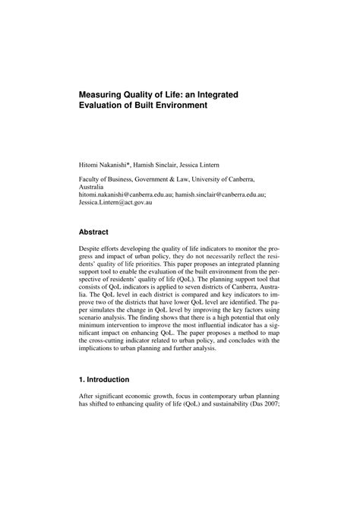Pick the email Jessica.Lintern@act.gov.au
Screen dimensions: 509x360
[x=115, y=204]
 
